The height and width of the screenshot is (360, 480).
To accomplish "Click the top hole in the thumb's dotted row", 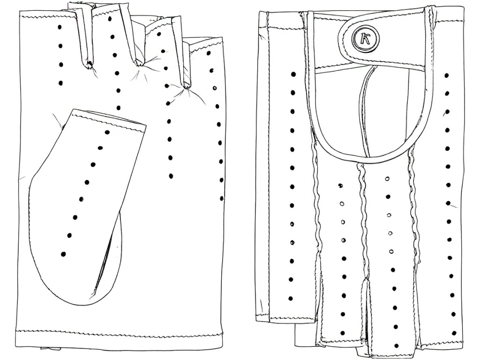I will pos(107,133).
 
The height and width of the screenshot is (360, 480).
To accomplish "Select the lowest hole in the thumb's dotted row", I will pos(64,254).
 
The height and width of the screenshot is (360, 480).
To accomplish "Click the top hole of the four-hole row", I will pos(60,27).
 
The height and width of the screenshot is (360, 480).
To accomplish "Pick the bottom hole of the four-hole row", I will pos(60,83).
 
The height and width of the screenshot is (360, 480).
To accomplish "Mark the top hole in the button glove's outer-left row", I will pos(293,74).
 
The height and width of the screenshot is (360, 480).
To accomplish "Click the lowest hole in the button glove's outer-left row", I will pos(291,298).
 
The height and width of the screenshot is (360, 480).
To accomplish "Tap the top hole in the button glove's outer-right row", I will pos(446,75).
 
